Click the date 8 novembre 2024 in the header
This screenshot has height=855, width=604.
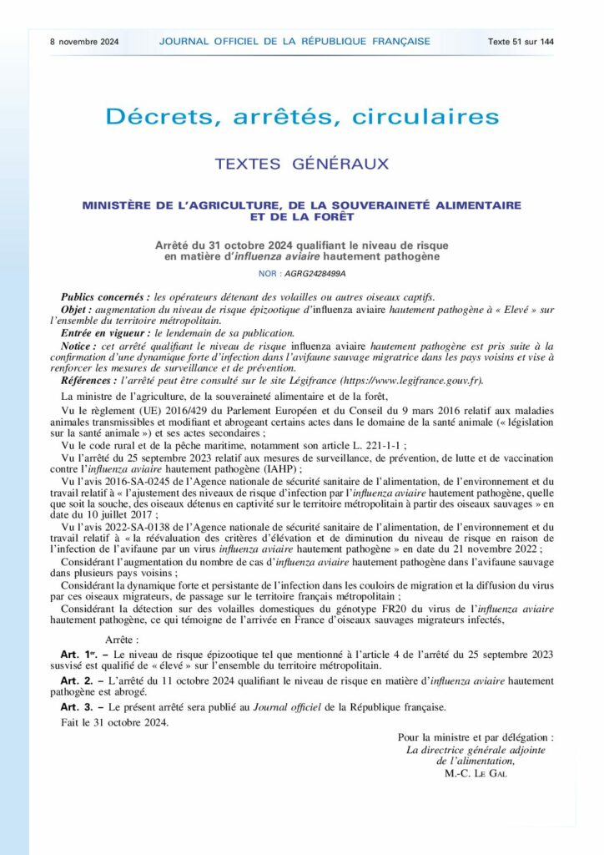(84, 41)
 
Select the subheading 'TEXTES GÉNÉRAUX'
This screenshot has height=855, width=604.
(302, 164)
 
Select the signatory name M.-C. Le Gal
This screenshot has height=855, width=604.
(476, 772)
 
